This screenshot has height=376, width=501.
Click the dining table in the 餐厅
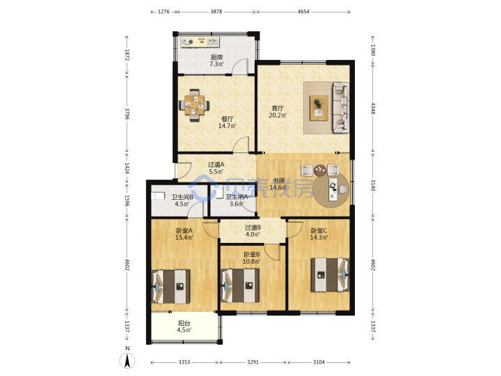point(194,105)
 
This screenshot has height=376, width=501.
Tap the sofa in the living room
point(340,108)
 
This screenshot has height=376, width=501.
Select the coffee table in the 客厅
point(319,108)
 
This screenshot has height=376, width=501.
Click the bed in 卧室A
point(170,286)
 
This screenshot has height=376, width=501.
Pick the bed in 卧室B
point(240,285)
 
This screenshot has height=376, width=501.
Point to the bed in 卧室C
point(330,275)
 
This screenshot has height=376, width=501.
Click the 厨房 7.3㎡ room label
point(216,61)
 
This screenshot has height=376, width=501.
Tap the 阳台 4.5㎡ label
point(184,327)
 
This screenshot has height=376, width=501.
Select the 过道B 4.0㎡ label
point(253,231)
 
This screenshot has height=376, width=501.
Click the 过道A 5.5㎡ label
point(216,169)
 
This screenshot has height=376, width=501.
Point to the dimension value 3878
point(216,12)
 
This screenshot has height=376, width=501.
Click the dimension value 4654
point(303,12)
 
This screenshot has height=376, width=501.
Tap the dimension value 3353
point(184,362)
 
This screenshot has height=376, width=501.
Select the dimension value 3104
point(319,362)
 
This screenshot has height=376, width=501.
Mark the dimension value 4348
point(373,108)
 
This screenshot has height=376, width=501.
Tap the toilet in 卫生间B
point(157,196)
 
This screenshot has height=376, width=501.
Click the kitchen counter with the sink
point(200,42)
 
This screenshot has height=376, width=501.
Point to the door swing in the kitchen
point(240,67)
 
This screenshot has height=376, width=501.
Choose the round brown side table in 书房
point(320,171)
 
